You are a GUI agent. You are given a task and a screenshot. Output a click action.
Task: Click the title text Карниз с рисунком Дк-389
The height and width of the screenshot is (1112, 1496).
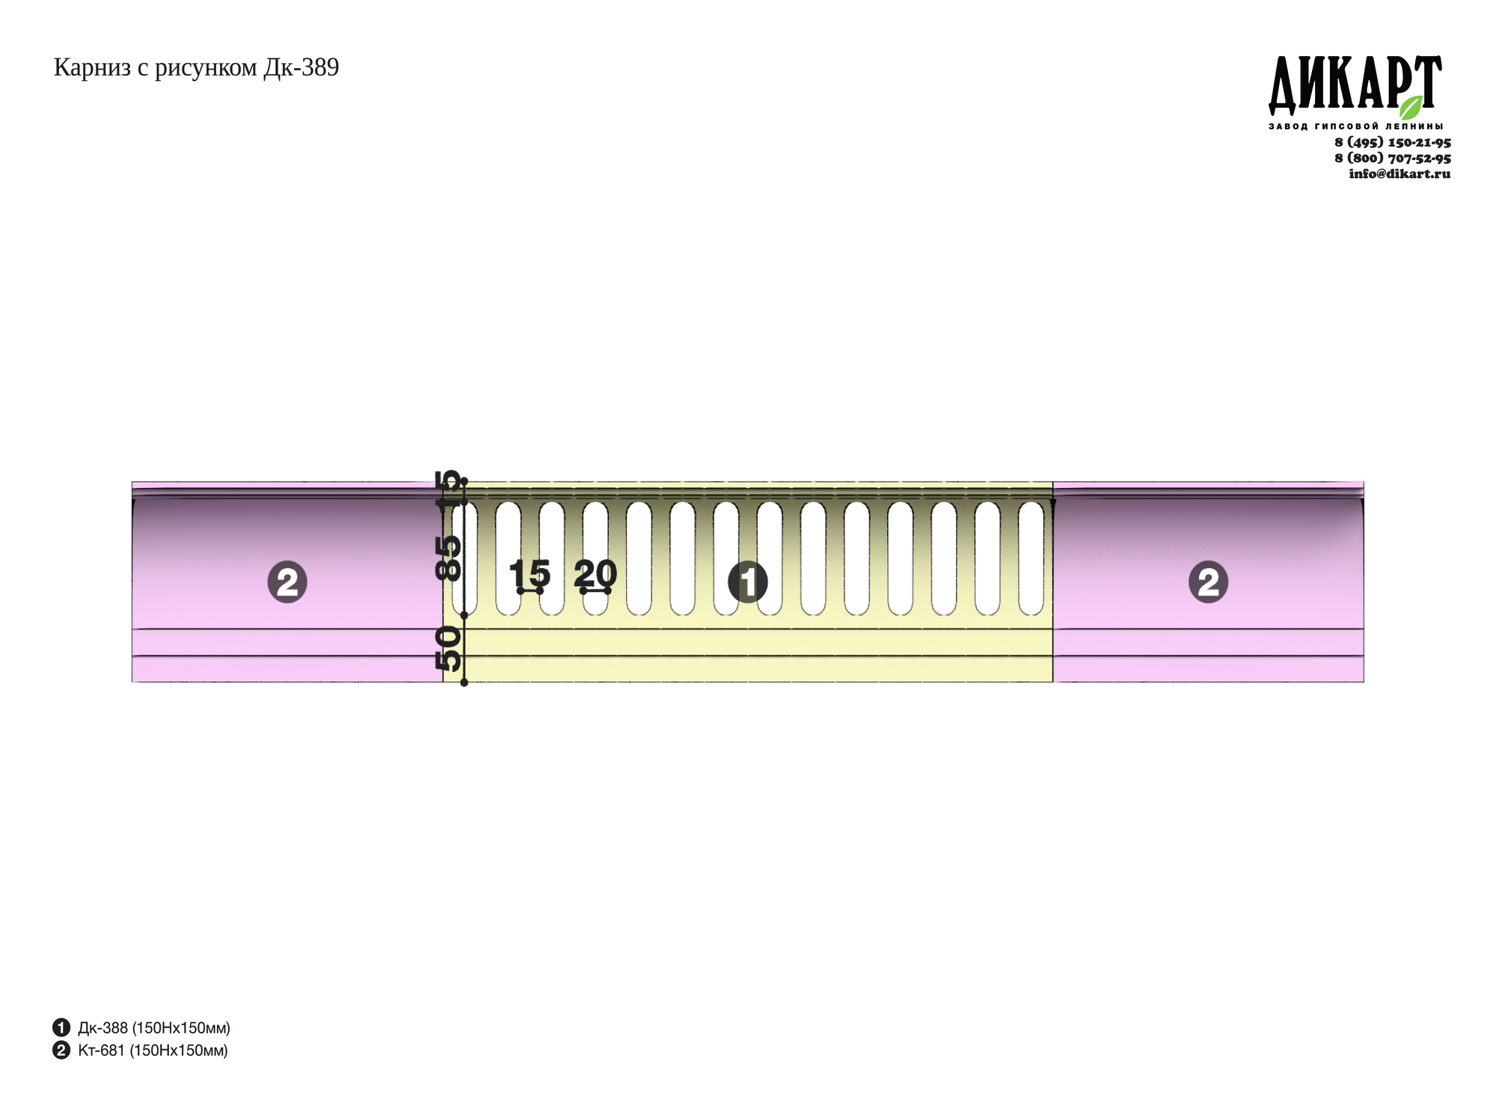pos(196,68)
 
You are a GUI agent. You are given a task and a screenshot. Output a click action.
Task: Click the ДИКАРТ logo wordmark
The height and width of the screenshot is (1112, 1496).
pos(1355,84)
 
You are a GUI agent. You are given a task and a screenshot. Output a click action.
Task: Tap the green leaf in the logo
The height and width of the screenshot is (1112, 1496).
pos(1411,107)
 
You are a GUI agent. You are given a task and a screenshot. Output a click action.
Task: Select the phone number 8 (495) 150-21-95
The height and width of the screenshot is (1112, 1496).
pos(1393,142)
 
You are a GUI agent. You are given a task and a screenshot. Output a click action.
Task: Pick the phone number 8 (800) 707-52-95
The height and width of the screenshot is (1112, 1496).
pos(1393,158)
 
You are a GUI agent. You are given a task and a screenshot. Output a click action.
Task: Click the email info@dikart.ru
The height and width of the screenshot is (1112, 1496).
pos(1400,174)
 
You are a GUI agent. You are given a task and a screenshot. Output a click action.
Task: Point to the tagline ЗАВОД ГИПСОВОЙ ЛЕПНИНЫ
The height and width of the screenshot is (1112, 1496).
pos(1355,126)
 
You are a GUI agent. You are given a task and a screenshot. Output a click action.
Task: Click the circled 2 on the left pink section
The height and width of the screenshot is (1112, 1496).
pos(287,582)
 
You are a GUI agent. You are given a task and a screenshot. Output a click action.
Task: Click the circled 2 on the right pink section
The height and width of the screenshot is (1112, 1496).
pos(1208,582)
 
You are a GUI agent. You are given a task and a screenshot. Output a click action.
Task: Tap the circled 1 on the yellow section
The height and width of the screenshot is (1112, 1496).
pos(747,582)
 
